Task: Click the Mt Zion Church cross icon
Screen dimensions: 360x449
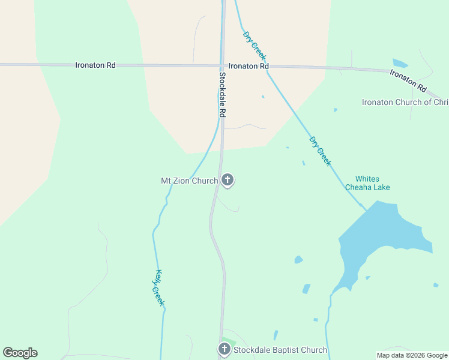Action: pos(227,179)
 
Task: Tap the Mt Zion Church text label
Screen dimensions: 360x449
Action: pos(189,180)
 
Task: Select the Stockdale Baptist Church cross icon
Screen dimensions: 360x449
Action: pos(224,349)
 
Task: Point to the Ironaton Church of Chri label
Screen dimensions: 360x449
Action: pos(405,102)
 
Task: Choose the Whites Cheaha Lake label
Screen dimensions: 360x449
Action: pos(367,183)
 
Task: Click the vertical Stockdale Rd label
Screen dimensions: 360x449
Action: pos(222,95)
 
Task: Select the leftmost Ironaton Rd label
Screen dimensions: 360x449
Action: pos(95,65)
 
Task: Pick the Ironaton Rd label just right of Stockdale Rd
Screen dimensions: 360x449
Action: pos(247,66)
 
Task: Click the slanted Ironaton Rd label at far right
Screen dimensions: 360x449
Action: pos(408,81)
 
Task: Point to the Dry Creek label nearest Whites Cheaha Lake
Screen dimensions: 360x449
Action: pos(320,151)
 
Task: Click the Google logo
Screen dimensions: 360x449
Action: pos(20,353)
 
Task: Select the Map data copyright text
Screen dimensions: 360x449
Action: pos(412,355)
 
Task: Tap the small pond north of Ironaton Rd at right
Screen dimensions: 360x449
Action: pos(400,62)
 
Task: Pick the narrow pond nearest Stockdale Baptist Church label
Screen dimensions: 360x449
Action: pos(276,335)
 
